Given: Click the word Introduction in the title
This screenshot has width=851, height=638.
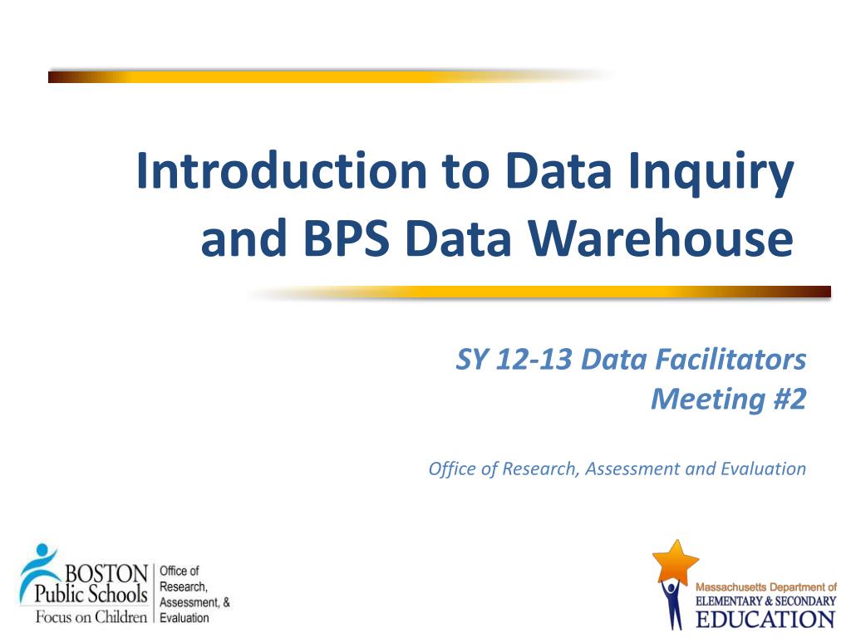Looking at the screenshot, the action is pyautogui.click(x=282, y=171).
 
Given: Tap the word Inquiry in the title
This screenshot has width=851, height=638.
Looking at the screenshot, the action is pyautogui.click(x=711, y=174).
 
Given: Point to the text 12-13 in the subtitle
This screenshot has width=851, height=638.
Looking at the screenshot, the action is pyautogui.click(x=534, y=360).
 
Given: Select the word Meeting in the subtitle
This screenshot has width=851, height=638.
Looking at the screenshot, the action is pyautogui.click(x=708, y=400).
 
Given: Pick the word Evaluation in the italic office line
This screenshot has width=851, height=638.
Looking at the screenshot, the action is pyautogui.click(x=764, y=469).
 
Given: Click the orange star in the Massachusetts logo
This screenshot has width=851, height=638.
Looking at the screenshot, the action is pyautogui.click(x=675, y=561).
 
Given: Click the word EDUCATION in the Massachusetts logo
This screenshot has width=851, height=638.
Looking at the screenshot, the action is pyautogui.click(x=765, y=619).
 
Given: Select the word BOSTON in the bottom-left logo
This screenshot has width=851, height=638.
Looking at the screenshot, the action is pyautogui.click(x=106, y=573).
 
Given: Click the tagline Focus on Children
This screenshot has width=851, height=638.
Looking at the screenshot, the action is pyautogui.click(x=91, y=617).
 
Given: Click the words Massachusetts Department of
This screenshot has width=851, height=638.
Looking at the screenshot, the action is pyautogui.click(x=765, y=587).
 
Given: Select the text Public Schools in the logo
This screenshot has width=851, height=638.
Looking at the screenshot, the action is pyautogui.click(x=91, y=594).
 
